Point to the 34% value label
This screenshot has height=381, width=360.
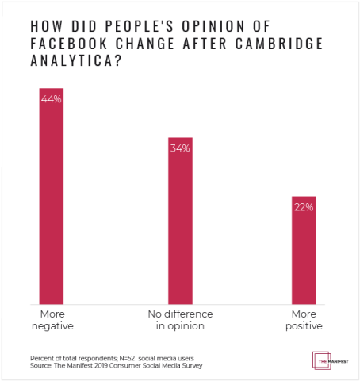179,148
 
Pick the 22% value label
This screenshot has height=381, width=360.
304,207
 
